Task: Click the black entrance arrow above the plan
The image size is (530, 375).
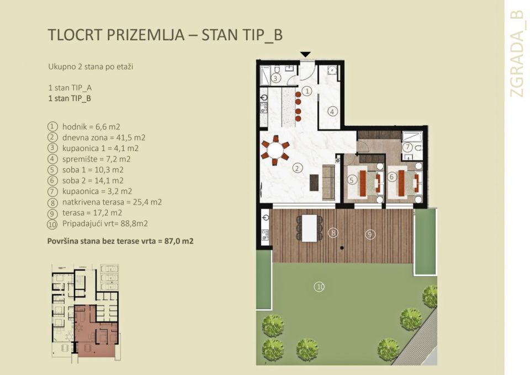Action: click(x=305, y=54)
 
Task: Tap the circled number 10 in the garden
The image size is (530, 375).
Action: click(x=319, y=286)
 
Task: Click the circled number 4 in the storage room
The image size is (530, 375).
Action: click(x=332, y=111)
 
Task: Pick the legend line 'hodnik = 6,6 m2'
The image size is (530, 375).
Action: click(x=88, y=127)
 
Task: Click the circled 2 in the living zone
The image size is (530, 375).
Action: click(x=297, y=168)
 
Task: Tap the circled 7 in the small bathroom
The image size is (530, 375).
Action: click(x=407, y=147)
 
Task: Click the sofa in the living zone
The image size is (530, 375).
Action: click(x=328, y=182)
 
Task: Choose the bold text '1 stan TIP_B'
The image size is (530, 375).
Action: click(x=70, y=99)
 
